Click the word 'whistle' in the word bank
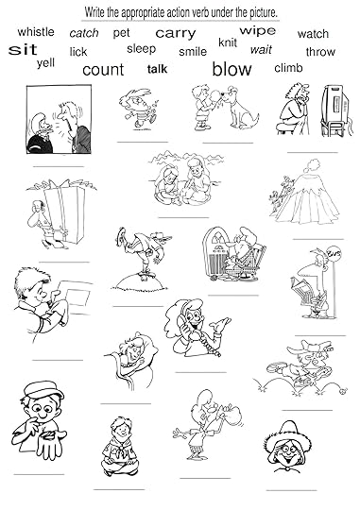click(36, 32)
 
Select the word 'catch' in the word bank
click(84, 33)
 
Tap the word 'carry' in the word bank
click(176, 33)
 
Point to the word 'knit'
click(228, 42)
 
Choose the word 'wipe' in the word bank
click(257, 31)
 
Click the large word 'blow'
click(231, 69)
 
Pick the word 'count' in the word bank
click(103, 70)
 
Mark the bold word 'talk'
click(157, 69)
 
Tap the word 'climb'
click(288, 68)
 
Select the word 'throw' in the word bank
click(320, 52)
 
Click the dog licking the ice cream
click(240, 108)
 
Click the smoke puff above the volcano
click(312, 165)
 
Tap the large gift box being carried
click(64, 212)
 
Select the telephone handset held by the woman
click(184, 321)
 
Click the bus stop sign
click(333, 252)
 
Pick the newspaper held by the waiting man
click(301, 291)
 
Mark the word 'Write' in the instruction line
click(94, 12)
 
